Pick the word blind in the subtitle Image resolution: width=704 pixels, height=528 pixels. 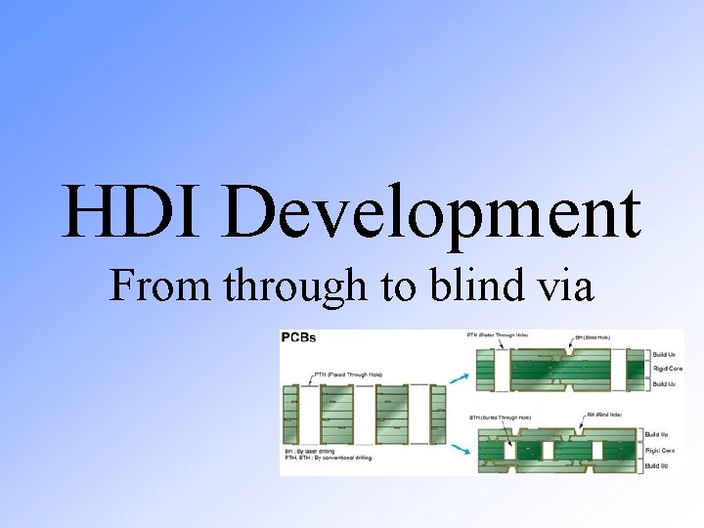click(474, 286)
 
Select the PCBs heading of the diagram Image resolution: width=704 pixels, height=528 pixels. click(298, 337)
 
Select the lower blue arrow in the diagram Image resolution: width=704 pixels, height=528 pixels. click(456, 449)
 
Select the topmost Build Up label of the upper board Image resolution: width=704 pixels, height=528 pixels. click(664, 353)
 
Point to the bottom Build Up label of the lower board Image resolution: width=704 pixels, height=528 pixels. click(658, 466)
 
